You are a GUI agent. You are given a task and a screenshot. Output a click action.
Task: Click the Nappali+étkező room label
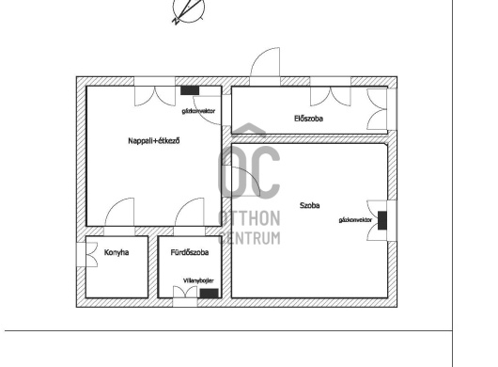(154, 140)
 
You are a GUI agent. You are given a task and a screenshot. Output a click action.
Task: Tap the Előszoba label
(309, 119)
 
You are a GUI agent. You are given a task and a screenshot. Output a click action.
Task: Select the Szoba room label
(310, 205)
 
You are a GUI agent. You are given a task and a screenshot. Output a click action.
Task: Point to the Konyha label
(117, 252)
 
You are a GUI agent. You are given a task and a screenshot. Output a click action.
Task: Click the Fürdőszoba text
(190, 252)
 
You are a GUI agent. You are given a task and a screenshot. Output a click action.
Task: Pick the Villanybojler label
(198, 280)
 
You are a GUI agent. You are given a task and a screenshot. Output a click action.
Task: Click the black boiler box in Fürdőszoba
(210, 294)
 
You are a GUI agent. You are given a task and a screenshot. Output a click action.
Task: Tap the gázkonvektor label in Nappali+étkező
(198, 111)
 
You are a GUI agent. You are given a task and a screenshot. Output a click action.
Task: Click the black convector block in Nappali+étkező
(190, 90)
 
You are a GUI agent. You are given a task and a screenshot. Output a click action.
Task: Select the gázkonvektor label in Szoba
(355, 220)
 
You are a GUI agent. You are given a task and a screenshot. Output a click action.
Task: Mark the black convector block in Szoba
(382, 220)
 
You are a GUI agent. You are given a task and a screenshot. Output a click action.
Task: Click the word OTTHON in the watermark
(249, 218)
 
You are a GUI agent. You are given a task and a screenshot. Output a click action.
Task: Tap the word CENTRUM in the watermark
(249, 238)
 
